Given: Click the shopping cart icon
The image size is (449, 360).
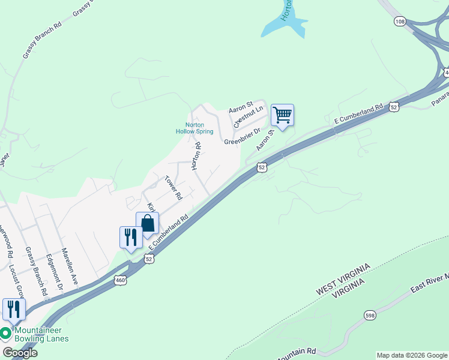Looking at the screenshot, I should click(282, 114).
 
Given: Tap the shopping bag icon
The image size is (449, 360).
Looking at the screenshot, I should click(148, 224).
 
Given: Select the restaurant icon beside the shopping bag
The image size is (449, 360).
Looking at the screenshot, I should click(130, 237).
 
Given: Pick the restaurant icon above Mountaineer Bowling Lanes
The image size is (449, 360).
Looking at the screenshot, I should click(13, 309).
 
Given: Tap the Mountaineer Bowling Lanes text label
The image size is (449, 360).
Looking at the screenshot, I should click(41, 334).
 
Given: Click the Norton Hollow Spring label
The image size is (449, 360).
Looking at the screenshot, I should click(194, 128).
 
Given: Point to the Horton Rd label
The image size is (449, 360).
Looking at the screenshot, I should click(196, 156).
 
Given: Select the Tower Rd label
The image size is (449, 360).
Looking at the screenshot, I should click(173, 187).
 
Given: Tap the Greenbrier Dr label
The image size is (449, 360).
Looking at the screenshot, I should click(243, 136).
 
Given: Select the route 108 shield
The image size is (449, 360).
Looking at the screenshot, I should click(400, 21).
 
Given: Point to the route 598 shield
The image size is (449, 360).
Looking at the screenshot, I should click(370, 314).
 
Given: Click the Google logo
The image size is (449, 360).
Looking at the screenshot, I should click(20, 353).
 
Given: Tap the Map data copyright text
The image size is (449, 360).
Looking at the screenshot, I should click(412, 355).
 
